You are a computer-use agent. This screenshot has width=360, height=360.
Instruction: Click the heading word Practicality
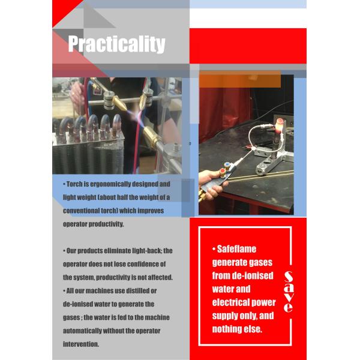point(116,44)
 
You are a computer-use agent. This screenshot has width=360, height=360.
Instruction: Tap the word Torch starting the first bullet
point(74,184)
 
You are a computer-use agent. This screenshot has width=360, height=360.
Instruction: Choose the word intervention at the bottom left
point(81,344)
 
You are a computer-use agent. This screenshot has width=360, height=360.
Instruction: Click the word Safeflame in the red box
point(236,249)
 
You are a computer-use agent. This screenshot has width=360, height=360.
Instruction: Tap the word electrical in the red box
point(230,302)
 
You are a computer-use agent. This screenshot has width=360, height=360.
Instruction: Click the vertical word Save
point(289,292)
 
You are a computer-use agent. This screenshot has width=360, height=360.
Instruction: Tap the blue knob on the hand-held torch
point(227,165)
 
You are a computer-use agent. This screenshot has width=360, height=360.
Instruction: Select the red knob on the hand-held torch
point(223,172)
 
